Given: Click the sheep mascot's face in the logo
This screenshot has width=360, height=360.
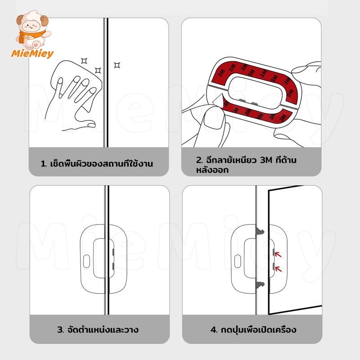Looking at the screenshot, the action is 31,26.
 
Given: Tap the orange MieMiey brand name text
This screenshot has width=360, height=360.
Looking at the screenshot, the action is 32,54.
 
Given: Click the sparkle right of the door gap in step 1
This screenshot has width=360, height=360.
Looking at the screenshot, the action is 117,65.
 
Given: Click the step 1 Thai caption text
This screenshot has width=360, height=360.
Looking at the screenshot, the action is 97,164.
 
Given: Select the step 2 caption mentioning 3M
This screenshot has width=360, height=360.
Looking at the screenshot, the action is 246,165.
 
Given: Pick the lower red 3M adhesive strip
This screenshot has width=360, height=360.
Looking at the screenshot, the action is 257,114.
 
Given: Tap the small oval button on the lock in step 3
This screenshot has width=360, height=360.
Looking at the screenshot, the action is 86,261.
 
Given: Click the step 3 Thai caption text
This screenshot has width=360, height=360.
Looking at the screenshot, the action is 98,330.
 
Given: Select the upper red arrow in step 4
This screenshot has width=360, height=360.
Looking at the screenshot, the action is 278,254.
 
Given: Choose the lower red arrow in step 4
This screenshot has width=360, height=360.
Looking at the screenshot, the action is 278,269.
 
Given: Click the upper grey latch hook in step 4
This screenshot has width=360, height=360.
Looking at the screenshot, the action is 260,231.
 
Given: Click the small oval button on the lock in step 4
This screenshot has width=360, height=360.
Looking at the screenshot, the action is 238,261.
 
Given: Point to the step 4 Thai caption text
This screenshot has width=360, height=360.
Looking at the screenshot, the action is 253,330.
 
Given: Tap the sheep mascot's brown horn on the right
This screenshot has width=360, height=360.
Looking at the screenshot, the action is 44,21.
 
